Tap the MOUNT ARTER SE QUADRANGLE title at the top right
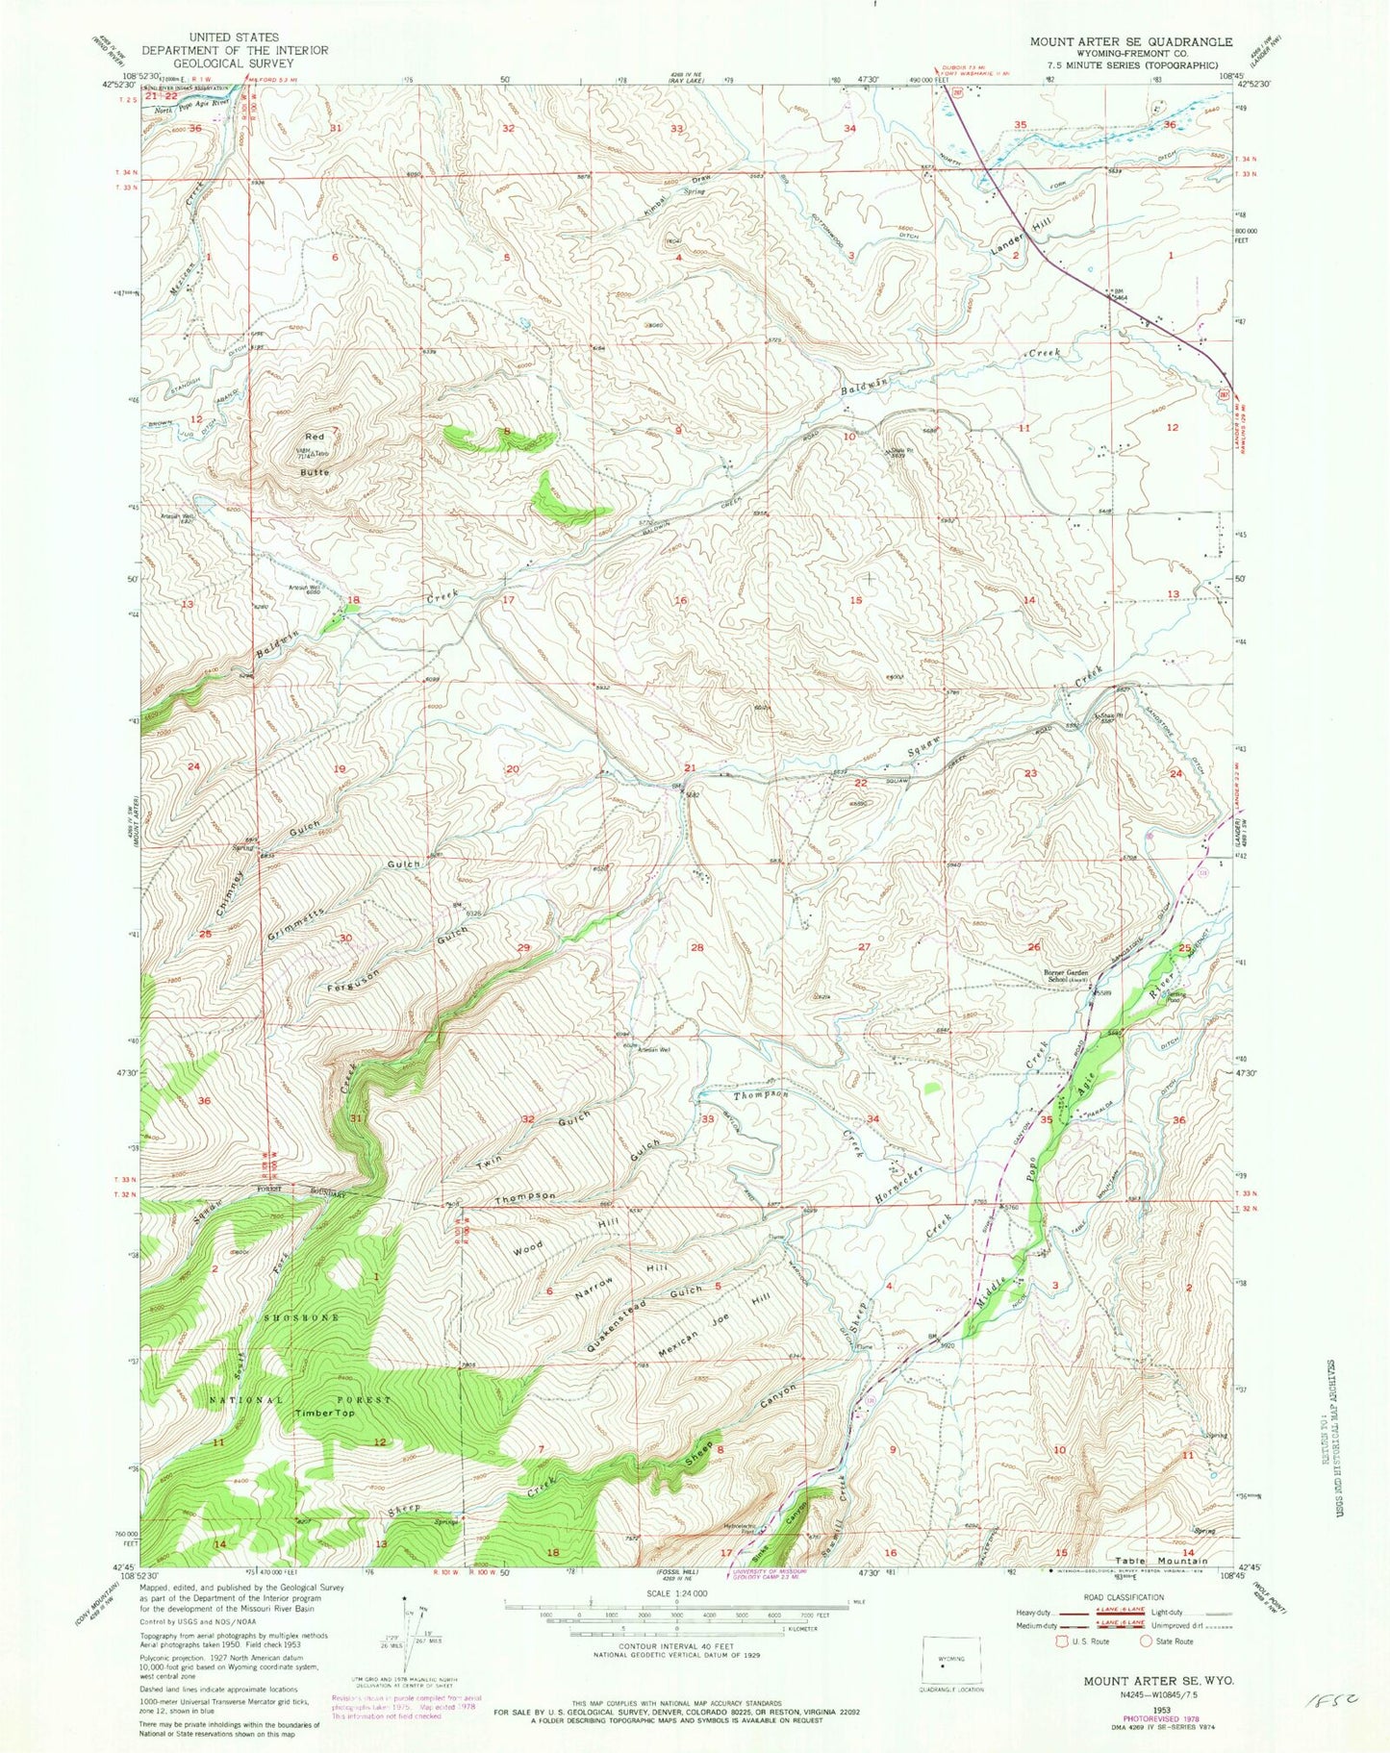(x=1130, y=41)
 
